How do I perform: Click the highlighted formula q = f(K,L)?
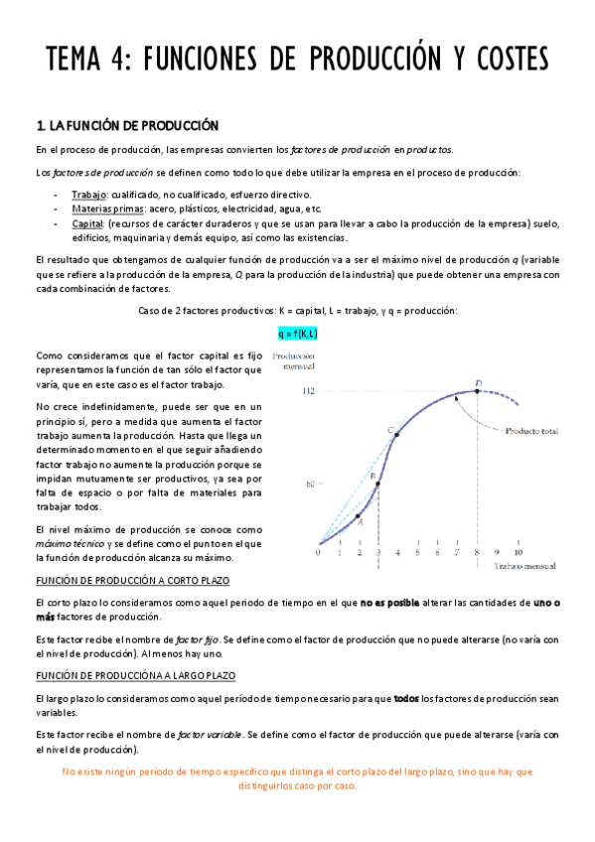coord(297,334)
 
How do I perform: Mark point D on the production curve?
coord(478,390)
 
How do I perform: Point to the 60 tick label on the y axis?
coord(311,485)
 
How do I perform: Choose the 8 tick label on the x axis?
coord(478,552)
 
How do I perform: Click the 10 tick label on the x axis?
coord(518,552)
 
